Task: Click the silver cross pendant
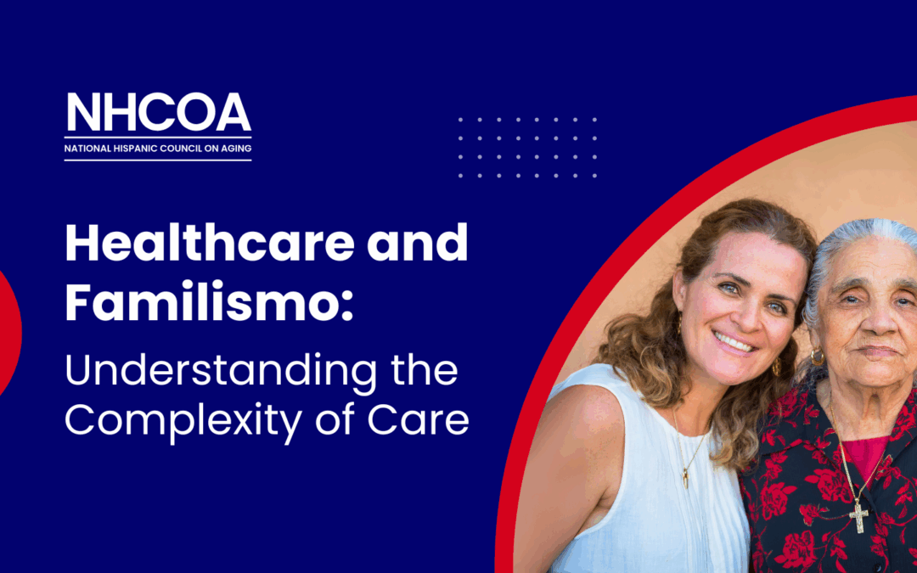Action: [x=859, y=514]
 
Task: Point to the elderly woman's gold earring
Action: [x=817, y=357]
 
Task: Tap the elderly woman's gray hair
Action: [x=836, y=246]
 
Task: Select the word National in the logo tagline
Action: [x=85, y=149]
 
